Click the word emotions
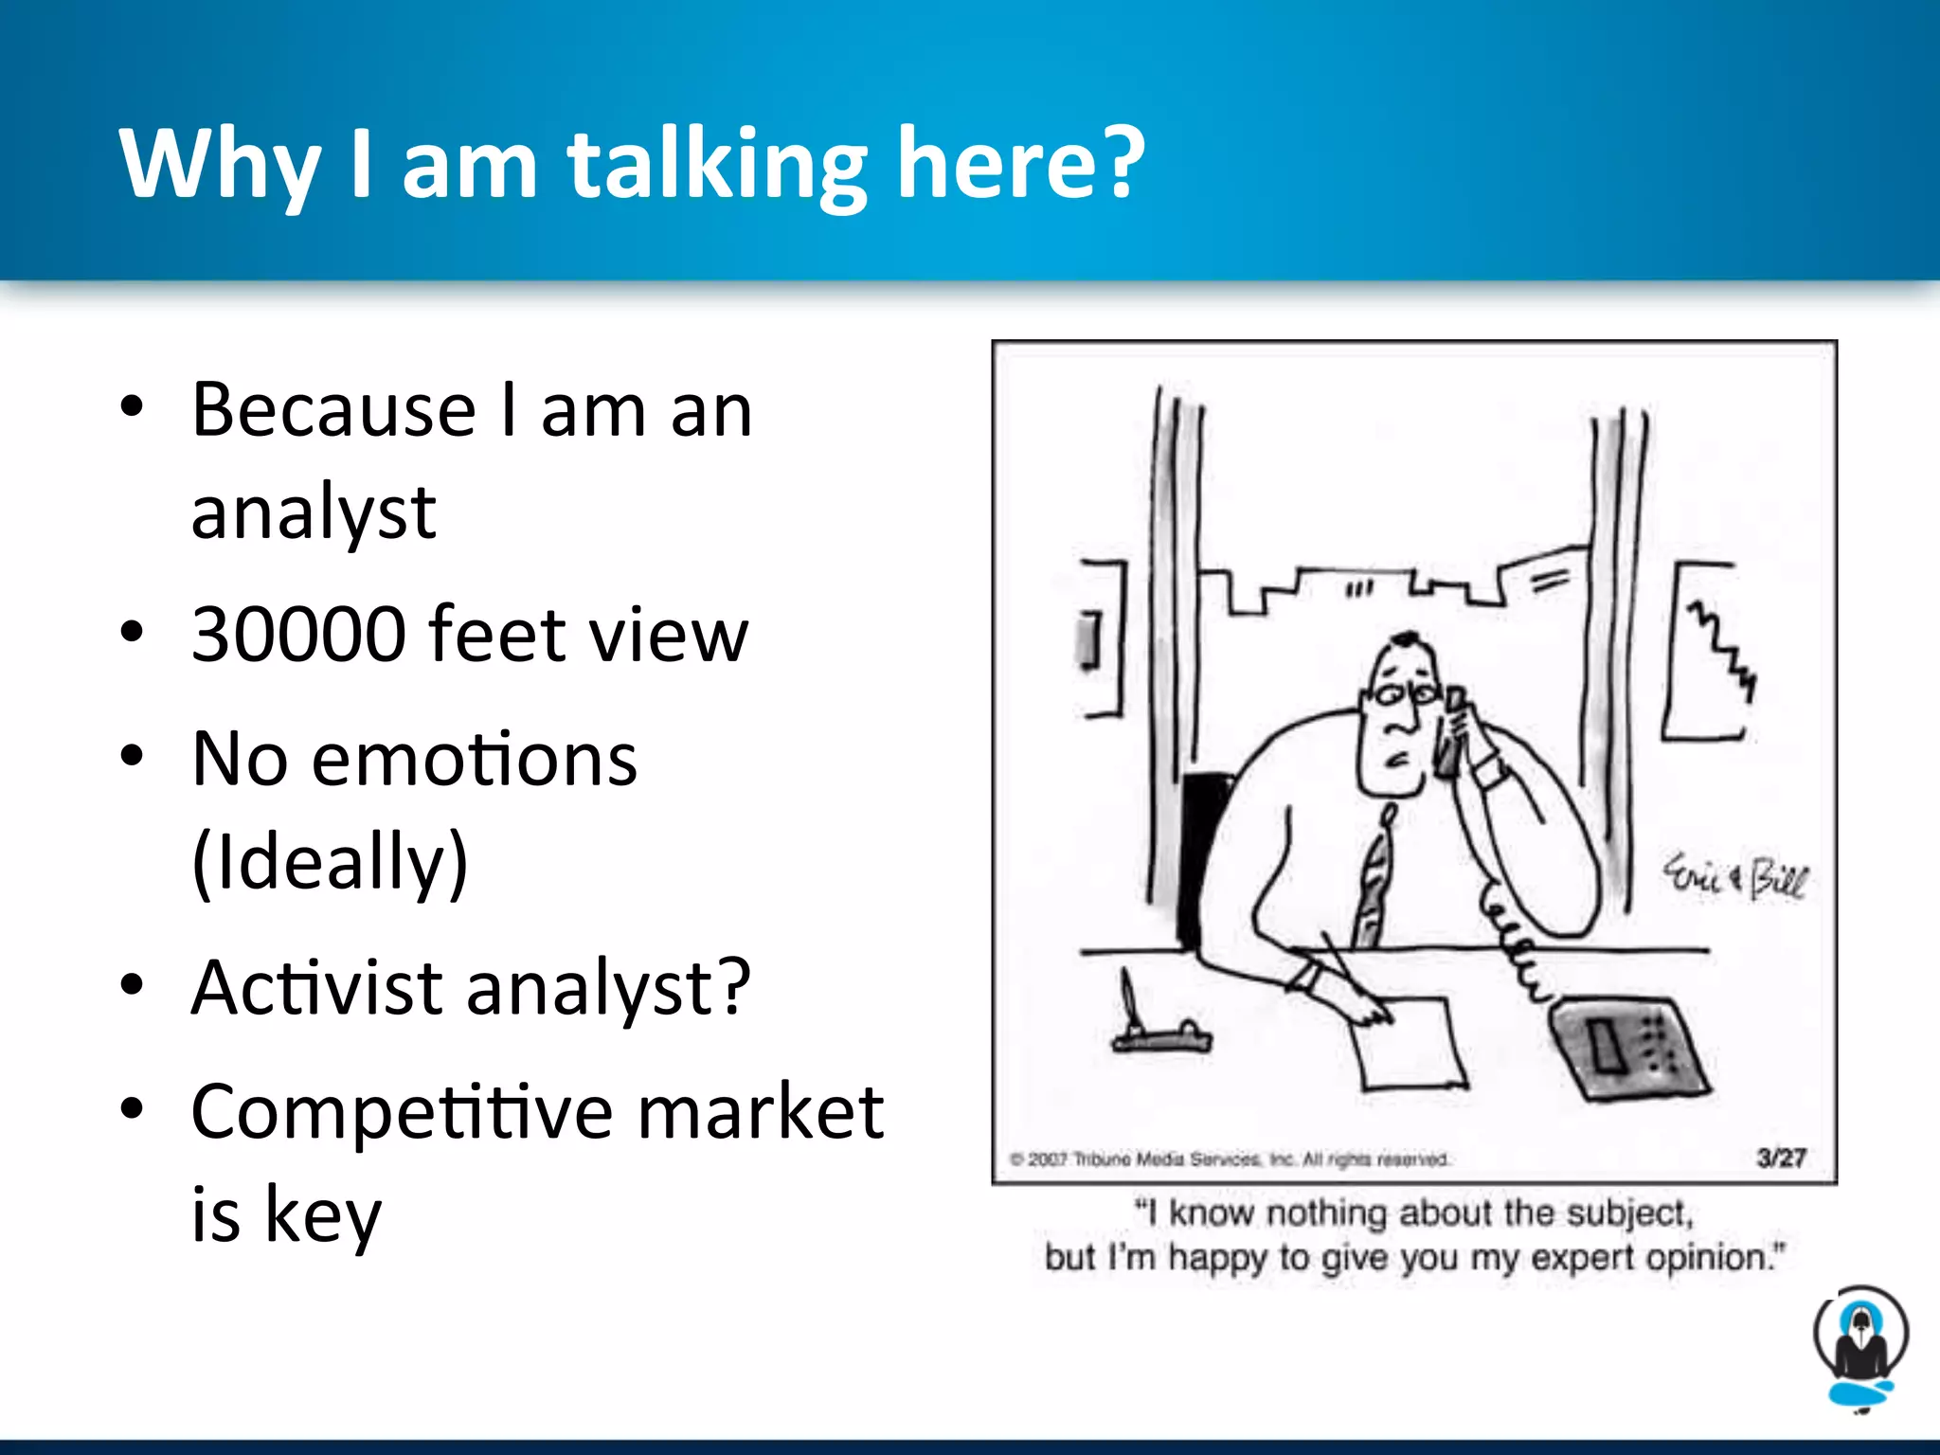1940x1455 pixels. pos(474,760)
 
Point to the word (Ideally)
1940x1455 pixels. pos(330,862)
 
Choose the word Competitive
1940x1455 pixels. pos(402,1113)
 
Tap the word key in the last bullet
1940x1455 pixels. pos(322,1215)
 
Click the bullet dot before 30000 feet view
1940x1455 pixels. pos(132,633)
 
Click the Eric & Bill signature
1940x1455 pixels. pos(1734,877)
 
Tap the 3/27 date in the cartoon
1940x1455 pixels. pos(1781,1158)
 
